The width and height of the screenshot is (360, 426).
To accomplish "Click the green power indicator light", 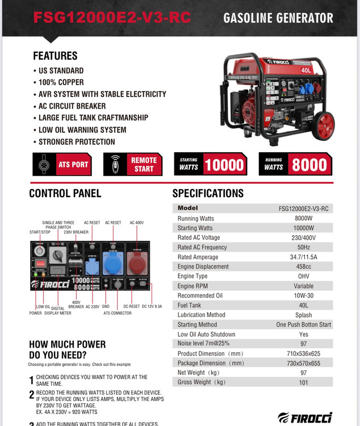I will [x=35, y=283].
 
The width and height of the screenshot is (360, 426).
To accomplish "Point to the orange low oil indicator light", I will [x=43, y=283].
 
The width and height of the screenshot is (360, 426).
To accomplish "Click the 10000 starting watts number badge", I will [x=224, y=165].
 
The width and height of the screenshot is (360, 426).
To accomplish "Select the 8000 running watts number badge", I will [x=309, y=165].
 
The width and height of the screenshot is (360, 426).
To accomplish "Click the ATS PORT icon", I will [x=44, y=165].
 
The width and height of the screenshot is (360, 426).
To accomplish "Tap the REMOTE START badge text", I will [x=144, y=165].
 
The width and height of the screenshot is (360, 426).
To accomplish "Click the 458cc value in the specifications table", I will [x=304, y=266].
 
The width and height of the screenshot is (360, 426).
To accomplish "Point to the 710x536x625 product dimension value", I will [x=304, y=353].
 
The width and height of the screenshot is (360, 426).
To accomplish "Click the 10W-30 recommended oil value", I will [x=304, y=295].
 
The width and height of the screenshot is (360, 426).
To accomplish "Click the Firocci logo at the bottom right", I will [x=304, y=417].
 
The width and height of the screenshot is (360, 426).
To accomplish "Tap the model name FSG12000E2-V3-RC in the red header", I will [x=112, y=18].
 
